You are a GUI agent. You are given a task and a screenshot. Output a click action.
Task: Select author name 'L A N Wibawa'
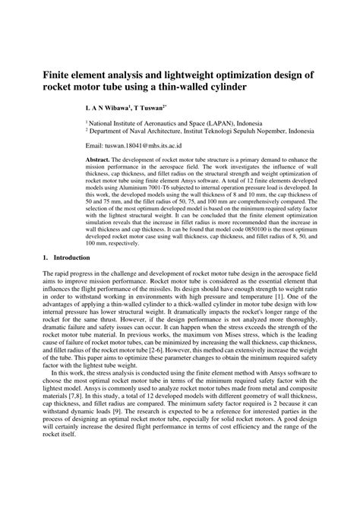[x=110, y=107]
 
